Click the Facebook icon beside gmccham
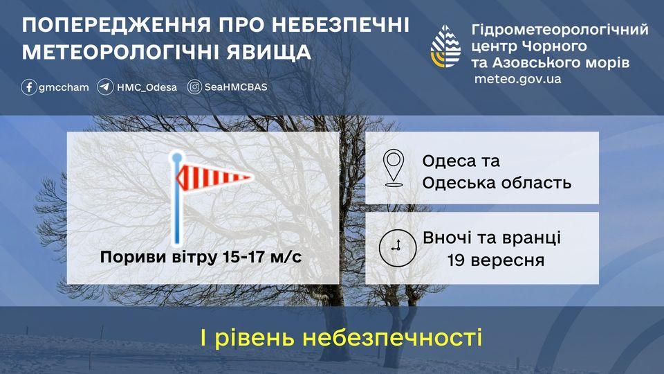(x=29, y=87)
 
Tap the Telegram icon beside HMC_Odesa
(x=105, y=87)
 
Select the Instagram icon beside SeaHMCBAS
(x=195, y=87)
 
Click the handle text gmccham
(x=64, y=87)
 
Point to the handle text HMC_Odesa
(x=147, y=87)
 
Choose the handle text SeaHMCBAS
(x=235, y=87)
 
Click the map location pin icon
(x=394, y=168)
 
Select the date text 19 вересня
(x=495, y=260)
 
